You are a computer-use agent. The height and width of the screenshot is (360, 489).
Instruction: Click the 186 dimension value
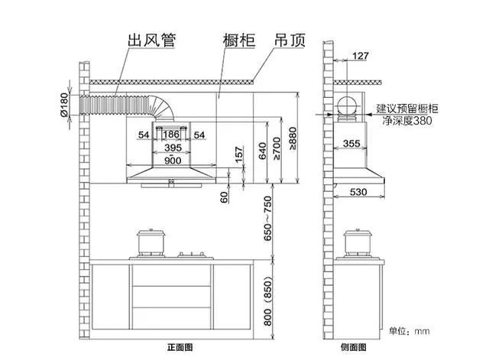pos(171,135)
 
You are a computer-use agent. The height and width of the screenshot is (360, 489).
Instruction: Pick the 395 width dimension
pos(173,148)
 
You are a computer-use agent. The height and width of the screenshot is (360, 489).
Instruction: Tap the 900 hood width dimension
pos(173,161)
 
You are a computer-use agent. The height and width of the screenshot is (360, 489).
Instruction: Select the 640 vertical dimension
pos(262,151)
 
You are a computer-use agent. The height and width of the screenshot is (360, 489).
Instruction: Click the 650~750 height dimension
pos(267,220)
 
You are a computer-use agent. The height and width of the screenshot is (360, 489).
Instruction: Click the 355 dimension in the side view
pos(351,144)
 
